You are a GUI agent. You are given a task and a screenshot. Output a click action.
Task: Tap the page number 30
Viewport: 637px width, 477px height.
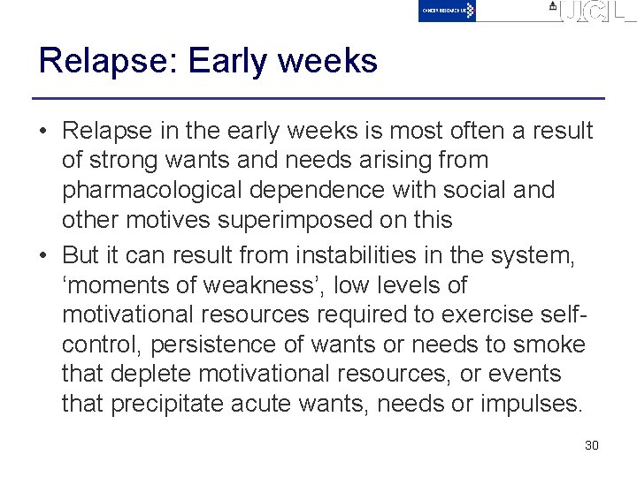point(592,445)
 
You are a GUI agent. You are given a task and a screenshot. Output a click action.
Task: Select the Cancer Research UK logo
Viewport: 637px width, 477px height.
point(447,11)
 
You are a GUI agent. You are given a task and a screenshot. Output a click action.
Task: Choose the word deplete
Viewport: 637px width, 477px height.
point(153,375)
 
